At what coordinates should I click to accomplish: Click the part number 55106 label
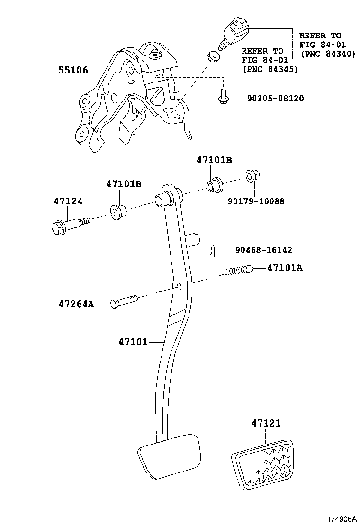pyautogui.click(x=73, y=70)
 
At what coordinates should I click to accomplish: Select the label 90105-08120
pyautogui.click(x=275, y=99)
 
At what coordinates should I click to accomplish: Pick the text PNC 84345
pyautogui.click(x=270, y=69)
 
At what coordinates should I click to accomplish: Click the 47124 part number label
pyautogui.click(x=68, y=201)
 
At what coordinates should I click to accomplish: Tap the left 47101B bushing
pyautogui.click(x=117, y=211)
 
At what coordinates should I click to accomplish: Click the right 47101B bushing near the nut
pyautogui.click(x=216, y=185)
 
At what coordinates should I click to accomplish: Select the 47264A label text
pyautogui.click(x=76, y=303)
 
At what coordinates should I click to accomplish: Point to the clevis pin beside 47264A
pyautogui.click(x=124, y=301)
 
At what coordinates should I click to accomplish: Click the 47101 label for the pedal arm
pyautogui.click(x=133, y=341)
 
